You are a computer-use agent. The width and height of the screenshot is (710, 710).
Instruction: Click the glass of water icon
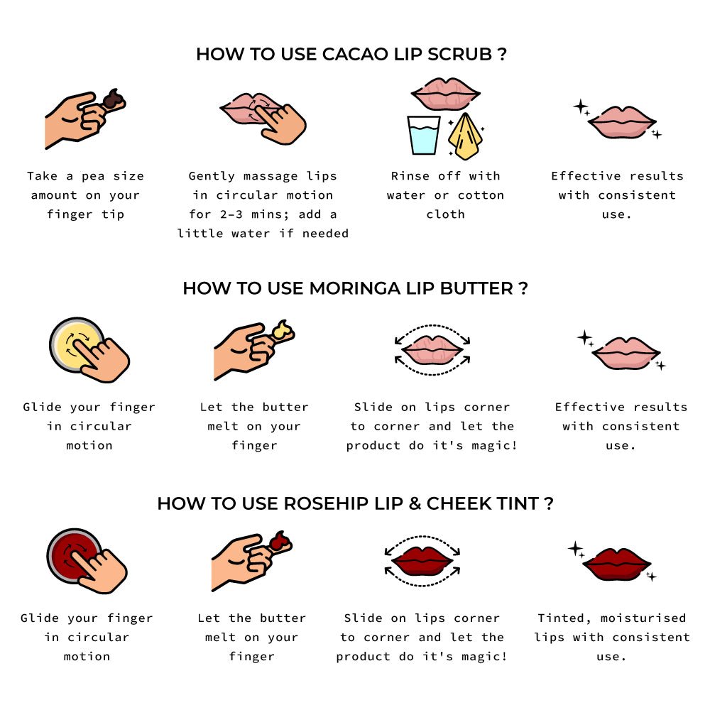coord(424,135)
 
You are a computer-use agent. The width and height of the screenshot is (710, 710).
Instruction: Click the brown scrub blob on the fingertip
coord(112,100)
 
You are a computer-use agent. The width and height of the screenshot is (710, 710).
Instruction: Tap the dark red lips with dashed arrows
coord(422,561)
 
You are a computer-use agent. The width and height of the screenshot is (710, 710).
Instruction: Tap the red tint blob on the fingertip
coord(280,542)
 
